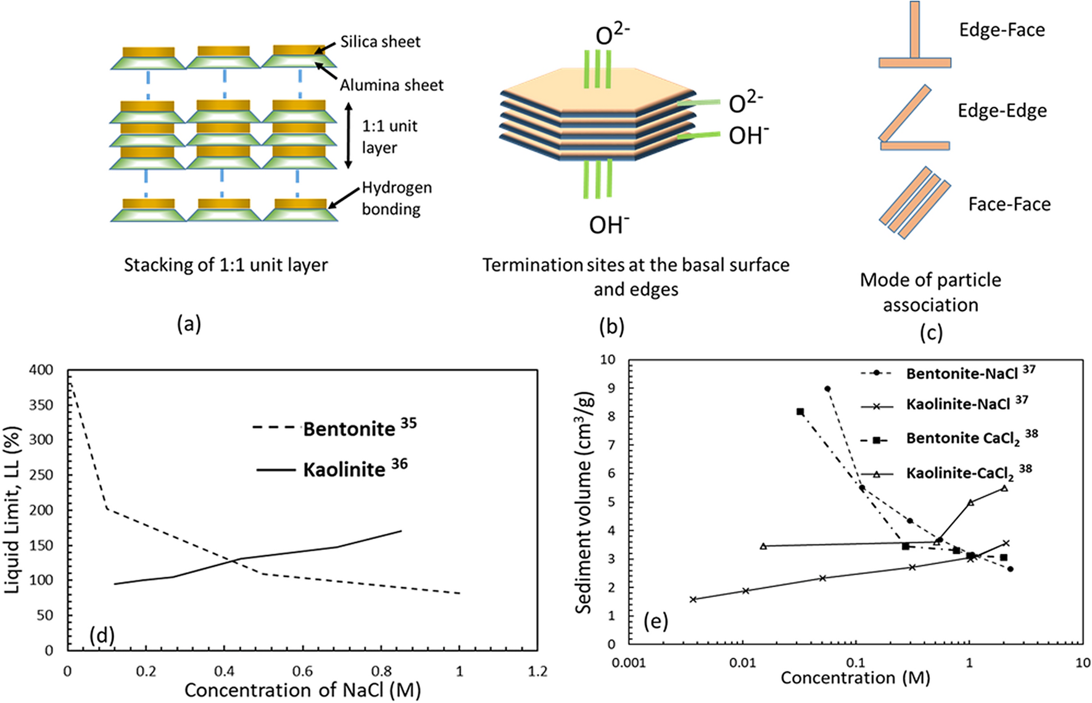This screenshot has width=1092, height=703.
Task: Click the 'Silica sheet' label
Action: (x=380, y=42)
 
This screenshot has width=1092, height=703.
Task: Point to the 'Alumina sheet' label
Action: (x=391, y=85)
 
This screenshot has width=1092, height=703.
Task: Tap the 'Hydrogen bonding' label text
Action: (x=396, y=198)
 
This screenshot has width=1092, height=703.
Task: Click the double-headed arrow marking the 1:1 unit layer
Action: (x=348, y=136)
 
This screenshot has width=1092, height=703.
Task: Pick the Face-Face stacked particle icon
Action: (x=914, y=202)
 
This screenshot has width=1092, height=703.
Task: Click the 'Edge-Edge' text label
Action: (x=1002, y=110)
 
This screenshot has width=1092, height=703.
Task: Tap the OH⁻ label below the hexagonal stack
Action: (x=608, y=225)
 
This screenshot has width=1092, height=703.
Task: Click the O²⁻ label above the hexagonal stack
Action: (x=612, y=35)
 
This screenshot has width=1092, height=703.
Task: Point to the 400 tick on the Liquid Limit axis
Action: (x=41, y=370)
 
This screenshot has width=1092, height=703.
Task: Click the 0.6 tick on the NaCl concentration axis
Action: (x=302, y=671)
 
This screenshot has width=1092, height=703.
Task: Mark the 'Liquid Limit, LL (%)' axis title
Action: (x=13, y=510)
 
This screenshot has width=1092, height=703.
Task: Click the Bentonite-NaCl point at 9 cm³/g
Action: (x=827, y=389)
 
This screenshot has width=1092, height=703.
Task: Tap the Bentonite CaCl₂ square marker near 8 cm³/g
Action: (x=800, y=412)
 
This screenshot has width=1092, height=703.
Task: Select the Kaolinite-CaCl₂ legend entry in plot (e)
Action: (x=959, y=473)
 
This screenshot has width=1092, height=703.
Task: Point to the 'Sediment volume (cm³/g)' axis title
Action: (x=584, y=502)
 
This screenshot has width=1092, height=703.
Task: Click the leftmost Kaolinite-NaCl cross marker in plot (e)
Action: (x=693, y=599)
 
